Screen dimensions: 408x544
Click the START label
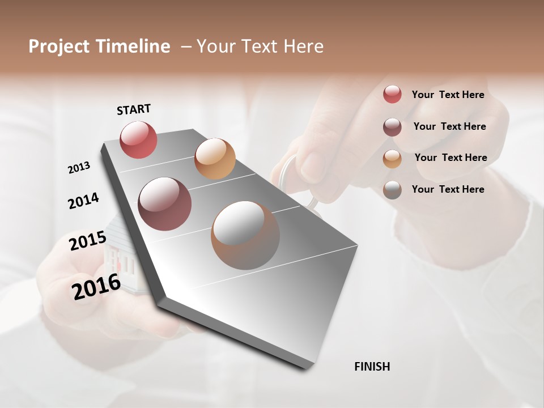[134, 109]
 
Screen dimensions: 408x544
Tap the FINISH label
[372, 367]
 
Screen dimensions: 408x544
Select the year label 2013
[79, 168]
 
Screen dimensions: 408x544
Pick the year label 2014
[83, 201]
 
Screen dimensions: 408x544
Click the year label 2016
[96, 286]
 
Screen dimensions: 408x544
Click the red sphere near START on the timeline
[138, 139]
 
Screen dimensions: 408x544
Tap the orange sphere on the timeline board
[215, 159]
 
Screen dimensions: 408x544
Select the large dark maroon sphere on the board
[164, 204]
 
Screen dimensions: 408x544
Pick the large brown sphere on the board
[245, 235]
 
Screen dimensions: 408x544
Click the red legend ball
[392, 94]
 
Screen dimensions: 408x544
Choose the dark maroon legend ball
[392, 126]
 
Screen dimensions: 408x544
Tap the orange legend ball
[392, 158]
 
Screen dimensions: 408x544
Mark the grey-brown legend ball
[392, 190]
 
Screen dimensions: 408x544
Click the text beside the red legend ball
[448, 95]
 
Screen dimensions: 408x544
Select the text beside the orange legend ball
[450, 158]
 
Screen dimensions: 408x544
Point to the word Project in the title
[59, 46]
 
